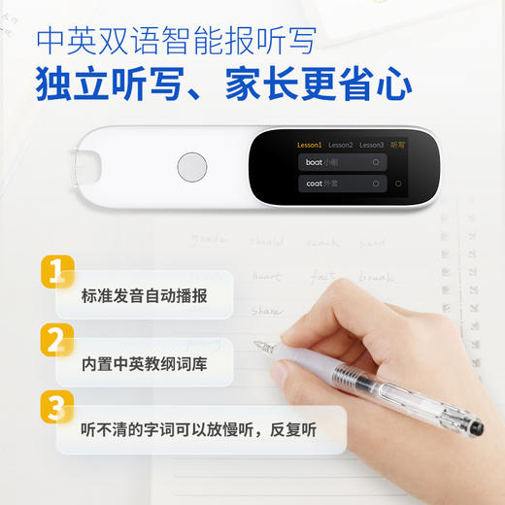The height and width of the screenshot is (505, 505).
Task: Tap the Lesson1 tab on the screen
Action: [309, 145]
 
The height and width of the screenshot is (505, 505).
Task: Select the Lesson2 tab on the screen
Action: [340, 145]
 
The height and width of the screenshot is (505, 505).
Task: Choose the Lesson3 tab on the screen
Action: [371, 145]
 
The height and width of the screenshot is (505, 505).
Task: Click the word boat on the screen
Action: [314, 162]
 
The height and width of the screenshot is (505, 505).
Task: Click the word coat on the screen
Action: [314, 184]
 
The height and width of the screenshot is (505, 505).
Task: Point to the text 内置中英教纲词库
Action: [144, 365]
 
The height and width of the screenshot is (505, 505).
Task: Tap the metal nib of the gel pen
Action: [259, 345]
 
